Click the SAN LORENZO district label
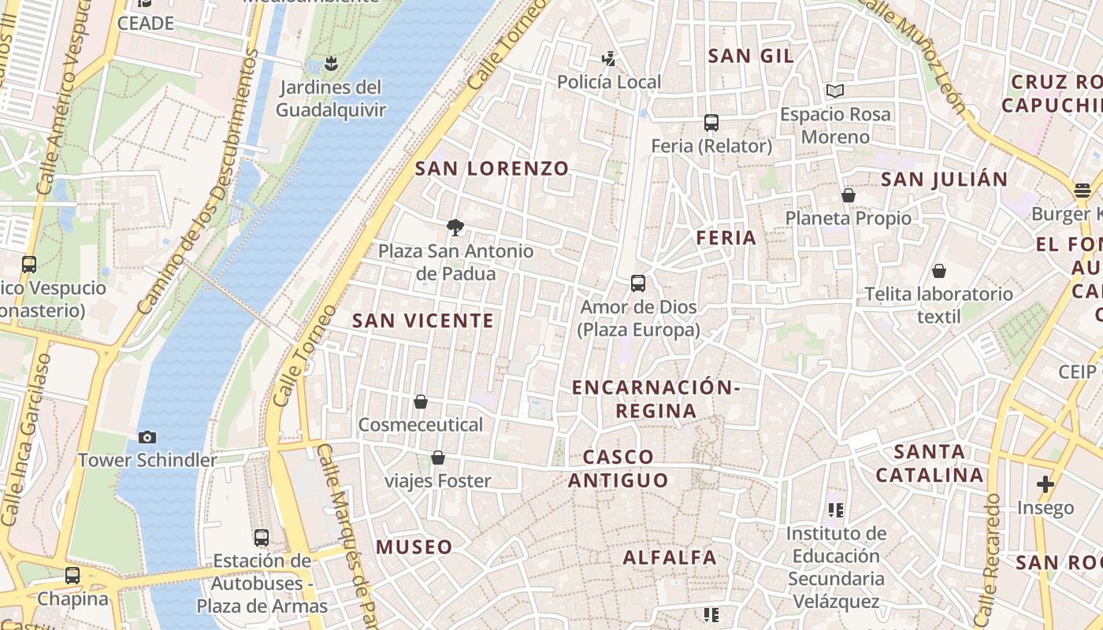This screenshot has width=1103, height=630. (492, 169)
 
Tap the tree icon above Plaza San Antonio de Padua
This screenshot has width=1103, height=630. (455, 228)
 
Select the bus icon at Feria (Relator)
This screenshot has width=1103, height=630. (711, 123)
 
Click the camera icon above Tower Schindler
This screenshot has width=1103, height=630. (147, 437)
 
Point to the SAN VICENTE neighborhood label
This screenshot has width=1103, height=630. (423, 321)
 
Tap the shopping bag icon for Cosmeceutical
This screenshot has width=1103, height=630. (421, 402)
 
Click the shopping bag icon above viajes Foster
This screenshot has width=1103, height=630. (438, 458)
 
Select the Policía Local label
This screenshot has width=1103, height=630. (609, 82)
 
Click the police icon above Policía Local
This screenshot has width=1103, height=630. (608, 57)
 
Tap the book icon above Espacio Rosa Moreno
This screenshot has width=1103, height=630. (835, 91)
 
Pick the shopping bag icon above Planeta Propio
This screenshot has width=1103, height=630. (849, 195)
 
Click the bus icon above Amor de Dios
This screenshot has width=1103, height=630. (638, 283)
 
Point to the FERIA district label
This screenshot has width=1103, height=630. (726, 238)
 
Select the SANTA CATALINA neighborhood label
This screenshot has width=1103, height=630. (930, 464)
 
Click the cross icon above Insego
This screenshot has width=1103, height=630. (1045, 484)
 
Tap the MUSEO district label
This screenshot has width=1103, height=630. (414, 547)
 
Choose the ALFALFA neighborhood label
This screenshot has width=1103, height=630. (670, 558)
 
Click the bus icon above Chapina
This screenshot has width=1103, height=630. (72, 576)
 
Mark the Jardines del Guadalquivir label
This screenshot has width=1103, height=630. (331, 98)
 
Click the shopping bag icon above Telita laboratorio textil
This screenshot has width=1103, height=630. (939, 272)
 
